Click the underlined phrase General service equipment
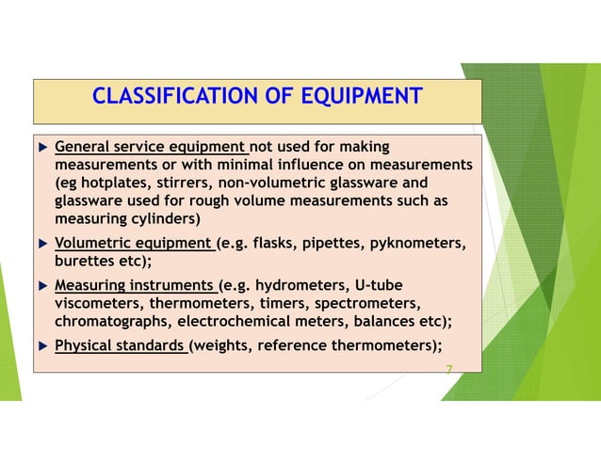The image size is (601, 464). (151, 148)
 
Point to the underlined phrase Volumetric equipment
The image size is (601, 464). (134, 245)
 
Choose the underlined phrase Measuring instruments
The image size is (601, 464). (136, 286)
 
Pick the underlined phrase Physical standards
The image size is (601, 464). (121, 344)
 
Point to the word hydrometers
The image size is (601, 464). (304, 286)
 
